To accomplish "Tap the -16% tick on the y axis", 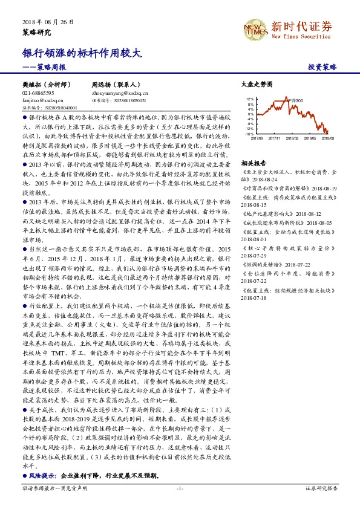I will [250, 134].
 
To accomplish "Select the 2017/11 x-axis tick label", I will [274, 138].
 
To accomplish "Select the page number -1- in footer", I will [180, 504].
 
